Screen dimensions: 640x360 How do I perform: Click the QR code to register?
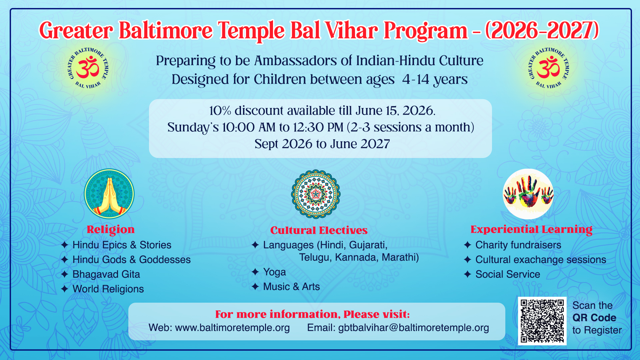[542, 321]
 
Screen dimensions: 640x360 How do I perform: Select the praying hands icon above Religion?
[109, 194]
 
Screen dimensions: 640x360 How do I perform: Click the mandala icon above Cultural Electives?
[316, 194]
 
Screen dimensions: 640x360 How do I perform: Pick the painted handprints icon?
[528, 194]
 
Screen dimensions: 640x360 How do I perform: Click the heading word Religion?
[111, 229]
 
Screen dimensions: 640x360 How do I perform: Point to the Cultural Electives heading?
[319, 230]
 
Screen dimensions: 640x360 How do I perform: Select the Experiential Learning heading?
[531, 229]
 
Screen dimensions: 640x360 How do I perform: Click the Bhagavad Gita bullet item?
[106, 274]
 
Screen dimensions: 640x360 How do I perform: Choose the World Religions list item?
[108, 289]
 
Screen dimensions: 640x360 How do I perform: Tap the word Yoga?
[275, 272]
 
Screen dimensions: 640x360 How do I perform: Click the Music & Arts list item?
[292, 286]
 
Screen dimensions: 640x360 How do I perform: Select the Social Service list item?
[508, 274]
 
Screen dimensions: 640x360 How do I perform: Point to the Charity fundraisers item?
[518, 245]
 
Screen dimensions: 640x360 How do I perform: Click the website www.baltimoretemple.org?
[233, 327]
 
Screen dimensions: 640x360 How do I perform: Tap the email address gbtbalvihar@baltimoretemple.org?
[414, 327]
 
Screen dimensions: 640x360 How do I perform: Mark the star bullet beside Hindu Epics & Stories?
[65, 245]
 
